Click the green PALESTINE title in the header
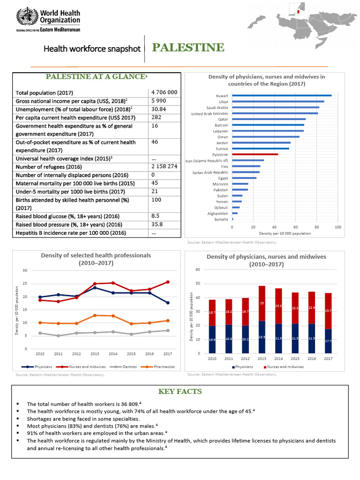(188, 48)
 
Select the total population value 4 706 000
(164, 92)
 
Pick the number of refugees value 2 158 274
(164, 166)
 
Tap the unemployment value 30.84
(160, 109)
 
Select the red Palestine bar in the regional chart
(255, 154)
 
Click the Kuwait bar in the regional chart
(282, 95)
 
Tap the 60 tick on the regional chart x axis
(296, 227)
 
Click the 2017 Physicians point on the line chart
(167, 303)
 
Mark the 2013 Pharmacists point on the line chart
(95, 315)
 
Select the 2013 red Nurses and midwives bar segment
(262, 303)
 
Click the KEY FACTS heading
(180, 391)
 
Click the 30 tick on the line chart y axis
(24, 270)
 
